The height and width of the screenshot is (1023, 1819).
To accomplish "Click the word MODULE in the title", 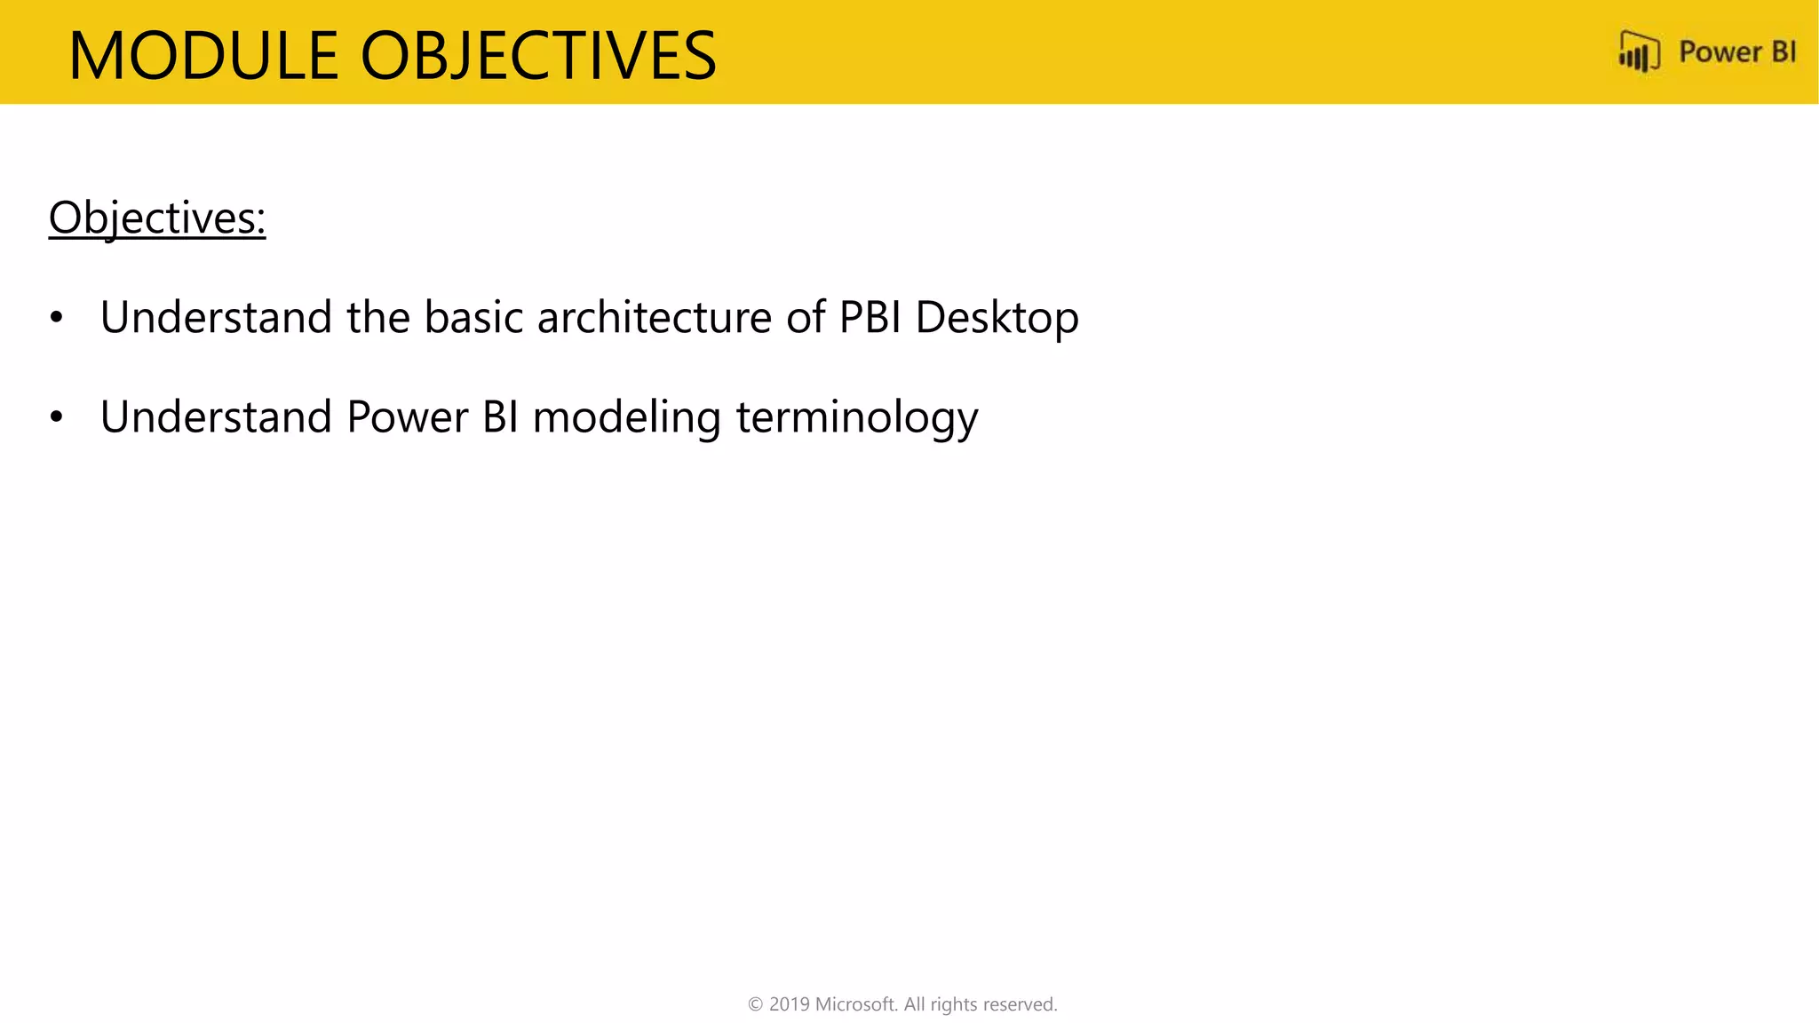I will [x=203, y=56].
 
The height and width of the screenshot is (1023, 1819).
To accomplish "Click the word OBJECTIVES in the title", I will [x=537, y=56].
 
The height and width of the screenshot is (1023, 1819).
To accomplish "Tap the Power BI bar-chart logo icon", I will [x=1639, y=52].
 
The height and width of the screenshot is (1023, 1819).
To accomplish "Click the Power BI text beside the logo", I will [x=1736, y=52].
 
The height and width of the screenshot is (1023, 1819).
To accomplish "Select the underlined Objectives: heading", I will [x=157, y=218].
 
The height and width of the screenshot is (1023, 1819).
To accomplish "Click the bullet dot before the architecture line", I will [x=57, y=317].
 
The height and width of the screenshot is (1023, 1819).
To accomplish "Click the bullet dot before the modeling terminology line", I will [x=57, y=416].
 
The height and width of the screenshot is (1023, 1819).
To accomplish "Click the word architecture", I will [x=655, y=317].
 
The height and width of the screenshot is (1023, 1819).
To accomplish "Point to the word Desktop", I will [x=997, y=319].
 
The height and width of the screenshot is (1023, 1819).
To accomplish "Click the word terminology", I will [x=857, y=418].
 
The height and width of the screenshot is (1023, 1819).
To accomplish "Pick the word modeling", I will [x=626, y=418].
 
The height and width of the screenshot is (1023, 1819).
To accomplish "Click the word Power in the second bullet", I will [x=407, y=416].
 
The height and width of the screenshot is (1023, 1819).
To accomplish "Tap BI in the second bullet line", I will [x=500, y=416].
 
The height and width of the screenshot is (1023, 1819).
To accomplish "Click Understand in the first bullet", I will [x=216, y=317].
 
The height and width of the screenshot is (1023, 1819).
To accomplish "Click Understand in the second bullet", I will [x=216, y=416].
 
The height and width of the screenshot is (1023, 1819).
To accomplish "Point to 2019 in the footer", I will [x=789, y=1004].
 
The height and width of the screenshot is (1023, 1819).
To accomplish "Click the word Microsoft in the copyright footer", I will [x=856, y=1004].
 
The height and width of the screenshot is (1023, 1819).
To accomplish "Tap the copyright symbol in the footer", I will [x=756, y=1004].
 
